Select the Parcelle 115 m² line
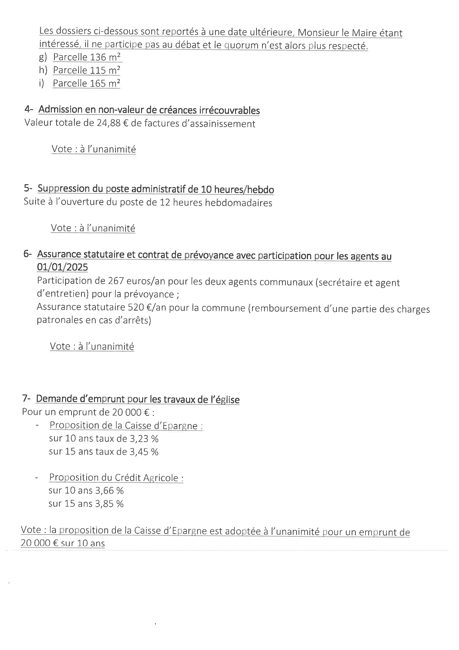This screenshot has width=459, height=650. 87,70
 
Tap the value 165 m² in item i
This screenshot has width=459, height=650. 105,83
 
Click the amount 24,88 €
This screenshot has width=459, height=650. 112,123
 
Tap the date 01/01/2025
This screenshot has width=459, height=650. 62,267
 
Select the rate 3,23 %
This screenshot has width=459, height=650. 144,439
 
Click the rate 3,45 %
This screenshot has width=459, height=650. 144,452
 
